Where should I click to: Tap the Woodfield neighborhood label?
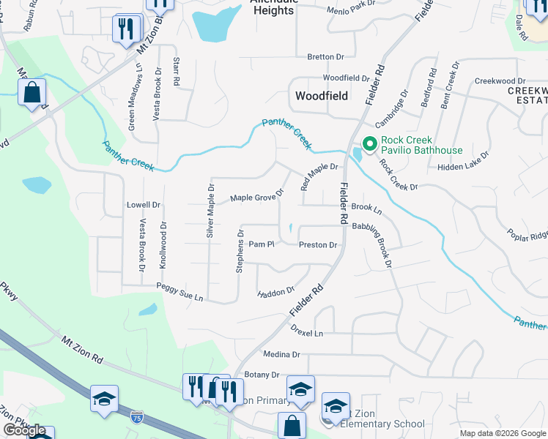(x=321, y=96)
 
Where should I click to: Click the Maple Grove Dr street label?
(x=257, y=198)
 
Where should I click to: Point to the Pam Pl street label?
(x=261, y=244)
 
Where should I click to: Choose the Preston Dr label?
(x=318, y=245)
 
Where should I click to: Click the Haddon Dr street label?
(x=276, y=293)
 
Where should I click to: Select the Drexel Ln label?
(x=307, y=333)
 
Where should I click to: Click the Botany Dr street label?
(x=262, y=375)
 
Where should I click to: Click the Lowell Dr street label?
(x=144, y=205)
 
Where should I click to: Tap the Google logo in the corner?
(x=24, y=431)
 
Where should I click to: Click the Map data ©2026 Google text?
(x=502, y=433)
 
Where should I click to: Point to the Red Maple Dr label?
(x=320, y=176)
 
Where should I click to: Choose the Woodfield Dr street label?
(x=347, y=78)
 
